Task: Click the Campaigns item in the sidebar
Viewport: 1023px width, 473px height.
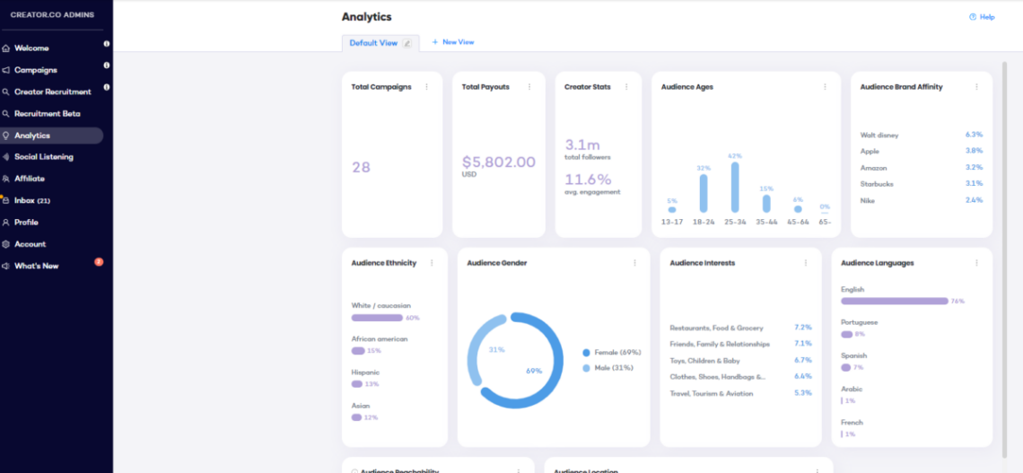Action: point(35,70)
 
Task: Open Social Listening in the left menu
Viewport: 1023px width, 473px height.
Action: point(43,157)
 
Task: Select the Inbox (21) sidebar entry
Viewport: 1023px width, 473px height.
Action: point(31,200)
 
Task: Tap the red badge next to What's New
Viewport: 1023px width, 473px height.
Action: point(99,262)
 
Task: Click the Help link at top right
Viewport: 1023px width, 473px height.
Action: point(982,17)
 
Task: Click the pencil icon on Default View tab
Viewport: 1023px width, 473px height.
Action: point(407,43)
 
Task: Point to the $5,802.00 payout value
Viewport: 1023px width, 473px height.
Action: point(498,162)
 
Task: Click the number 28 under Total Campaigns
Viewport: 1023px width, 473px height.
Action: point(361,167)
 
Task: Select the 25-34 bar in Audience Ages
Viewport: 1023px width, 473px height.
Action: point(735,187)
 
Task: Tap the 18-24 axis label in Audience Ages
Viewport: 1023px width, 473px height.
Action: point(703,222)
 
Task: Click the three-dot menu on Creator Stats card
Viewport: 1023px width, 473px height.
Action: point(625,87)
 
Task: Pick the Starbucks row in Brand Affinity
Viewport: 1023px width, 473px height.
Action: point(877,184)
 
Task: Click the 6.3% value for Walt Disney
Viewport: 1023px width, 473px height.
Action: point(974,135)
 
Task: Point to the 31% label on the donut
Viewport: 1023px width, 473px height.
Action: point(496,349)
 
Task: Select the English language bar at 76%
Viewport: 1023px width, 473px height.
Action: point(894,301)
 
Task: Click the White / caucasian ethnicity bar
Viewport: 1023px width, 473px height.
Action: point(377,318)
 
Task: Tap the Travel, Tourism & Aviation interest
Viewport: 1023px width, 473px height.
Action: point(711,393)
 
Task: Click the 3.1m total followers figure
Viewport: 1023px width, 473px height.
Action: point(582,145)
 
